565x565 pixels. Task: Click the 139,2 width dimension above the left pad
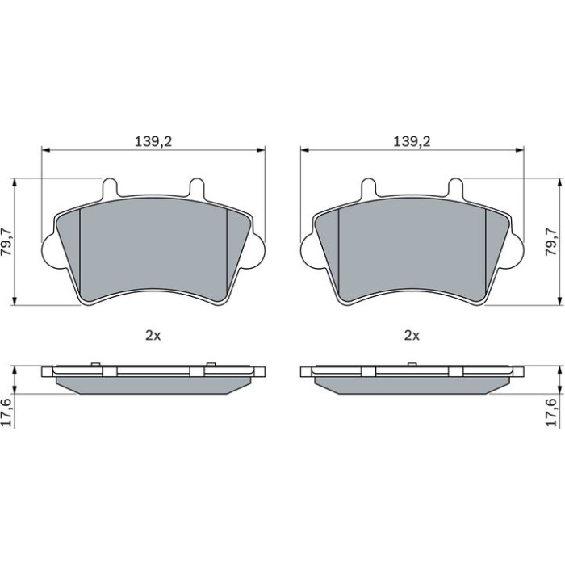(x=153, y=141)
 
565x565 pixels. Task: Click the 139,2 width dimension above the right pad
(x=412, y=141)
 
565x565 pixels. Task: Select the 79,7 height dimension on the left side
(x=6, y=241)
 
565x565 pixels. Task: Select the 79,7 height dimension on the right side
(x=551, y=241)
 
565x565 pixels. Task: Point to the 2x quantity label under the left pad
(x=153, y=336)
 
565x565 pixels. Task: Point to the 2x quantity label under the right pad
(x=412, y=336)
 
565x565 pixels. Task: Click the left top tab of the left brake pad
(x=111, y=188)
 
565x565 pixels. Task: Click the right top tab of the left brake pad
(x=197, y=188)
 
